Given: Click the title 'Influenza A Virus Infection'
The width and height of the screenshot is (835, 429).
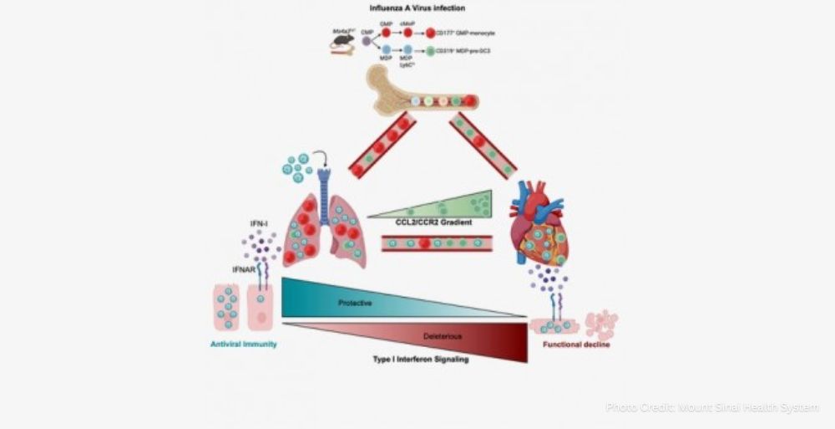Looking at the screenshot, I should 418,9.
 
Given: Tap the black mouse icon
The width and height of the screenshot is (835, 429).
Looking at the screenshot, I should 343,39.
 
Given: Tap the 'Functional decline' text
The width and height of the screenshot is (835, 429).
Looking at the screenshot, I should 576,343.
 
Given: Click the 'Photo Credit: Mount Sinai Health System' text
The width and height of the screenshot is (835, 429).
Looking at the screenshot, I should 712,407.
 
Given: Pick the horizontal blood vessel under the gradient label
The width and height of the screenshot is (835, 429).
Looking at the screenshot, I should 437,244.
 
